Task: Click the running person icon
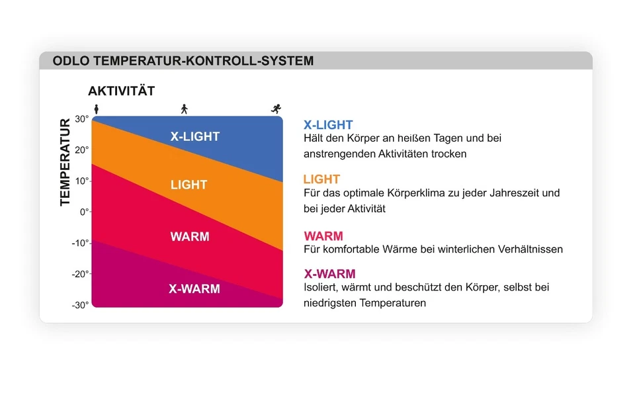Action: (276, 109)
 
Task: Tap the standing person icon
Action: (97, 109)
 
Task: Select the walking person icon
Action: (185, 109)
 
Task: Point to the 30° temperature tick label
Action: (82, 119)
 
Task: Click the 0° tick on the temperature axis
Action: (85, 212)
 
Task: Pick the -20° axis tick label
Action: (80, 274)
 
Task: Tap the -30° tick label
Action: (80, 305)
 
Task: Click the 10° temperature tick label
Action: (82, 181)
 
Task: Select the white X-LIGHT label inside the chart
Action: (194, 136)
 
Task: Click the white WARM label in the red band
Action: (190, 236)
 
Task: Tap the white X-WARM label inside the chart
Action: (194, 289)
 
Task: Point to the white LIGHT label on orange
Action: (189, 185)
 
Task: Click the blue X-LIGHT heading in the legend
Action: (329, 124)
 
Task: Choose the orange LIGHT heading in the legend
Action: (322, 179)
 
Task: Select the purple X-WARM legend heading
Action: (329, 274)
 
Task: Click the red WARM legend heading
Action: (323, 236)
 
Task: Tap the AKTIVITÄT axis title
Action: (122, 90)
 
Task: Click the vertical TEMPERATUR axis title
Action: (65, 162)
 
